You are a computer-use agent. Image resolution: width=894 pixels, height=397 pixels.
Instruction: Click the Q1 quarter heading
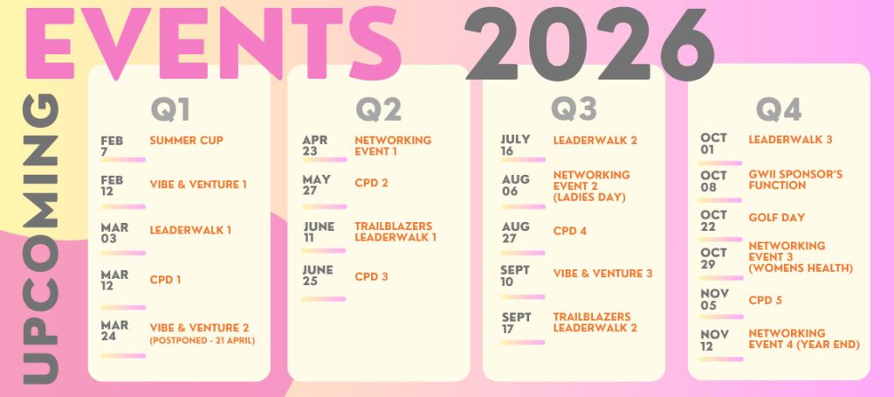tap(170, 109)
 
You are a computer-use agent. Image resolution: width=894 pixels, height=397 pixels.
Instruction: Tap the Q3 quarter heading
tap(574, 108)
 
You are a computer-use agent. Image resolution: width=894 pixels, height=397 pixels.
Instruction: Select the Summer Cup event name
tap(187, 141)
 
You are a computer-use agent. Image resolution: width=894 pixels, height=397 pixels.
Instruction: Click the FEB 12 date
tap(112, 185)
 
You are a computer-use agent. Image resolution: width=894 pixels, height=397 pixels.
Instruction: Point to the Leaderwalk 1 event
tap(190, 230)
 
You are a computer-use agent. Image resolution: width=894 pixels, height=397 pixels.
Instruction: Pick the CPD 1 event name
tap(165, 280)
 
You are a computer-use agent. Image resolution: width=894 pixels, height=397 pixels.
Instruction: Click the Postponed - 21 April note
tap(203, 341)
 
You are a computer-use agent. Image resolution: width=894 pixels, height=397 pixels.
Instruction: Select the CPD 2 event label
tap(371, 184)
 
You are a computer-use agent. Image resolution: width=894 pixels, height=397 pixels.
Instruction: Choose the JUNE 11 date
tap(319, 232)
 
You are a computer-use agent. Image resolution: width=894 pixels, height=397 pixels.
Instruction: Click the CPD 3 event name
tap(371, 276)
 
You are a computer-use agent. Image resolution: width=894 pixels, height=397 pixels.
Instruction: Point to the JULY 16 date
tap(515, 145)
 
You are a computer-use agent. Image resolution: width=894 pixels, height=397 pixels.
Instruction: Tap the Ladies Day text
tap(589, 197)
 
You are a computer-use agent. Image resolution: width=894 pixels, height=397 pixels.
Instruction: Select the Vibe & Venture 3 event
tap(602, 274)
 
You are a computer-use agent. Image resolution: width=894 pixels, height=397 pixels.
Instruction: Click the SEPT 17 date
tap(517, 323)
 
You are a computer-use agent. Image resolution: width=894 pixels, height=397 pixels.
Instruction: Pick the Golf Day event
tap(776, 218)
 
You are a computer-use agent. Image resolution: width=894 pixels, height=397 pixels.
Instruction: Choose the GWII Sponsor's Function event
tap(795, 180)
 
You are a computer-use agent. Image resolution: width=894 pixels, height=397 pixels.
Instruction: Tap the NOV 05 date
tap(714, 299)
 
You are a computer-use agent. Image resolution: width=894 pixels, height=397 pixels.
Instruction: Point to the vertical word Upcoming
tap(40, 239)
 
